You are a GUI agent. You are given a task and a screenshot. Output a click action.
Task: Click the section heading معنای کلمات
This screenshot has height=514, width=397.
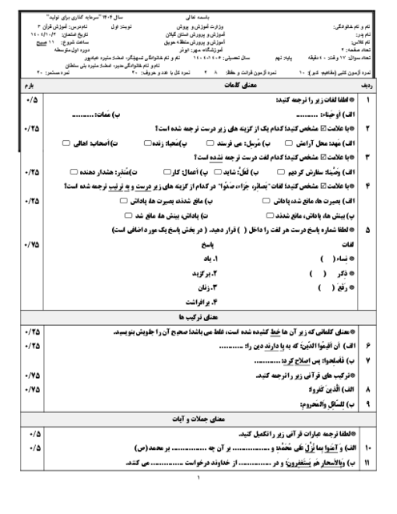[x=198, y=84]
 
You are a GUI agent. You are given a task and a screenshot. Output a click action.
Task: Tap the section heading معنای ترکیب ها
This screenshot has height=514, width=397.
[x=198, y=318]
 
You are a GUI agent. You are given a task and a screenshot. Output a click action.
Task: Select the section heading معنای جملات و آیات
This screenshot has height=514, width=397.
[x=198, y=416]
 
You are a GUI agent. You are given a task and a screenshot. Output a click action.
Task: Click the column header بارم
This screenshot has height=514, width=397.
[x=32, y=84]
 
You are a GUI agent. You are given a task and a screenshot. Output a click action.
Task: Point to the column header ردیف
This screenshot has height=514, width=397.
[x=367, y=84]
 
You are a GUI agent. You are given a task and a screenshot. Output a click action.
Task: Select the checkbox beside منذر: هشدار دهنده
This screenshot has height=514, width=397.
[x=74, y=171]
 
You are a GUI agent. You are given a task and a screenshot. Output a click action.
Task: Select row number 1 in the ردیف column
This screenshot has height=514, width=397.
[x=367, y=100]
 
